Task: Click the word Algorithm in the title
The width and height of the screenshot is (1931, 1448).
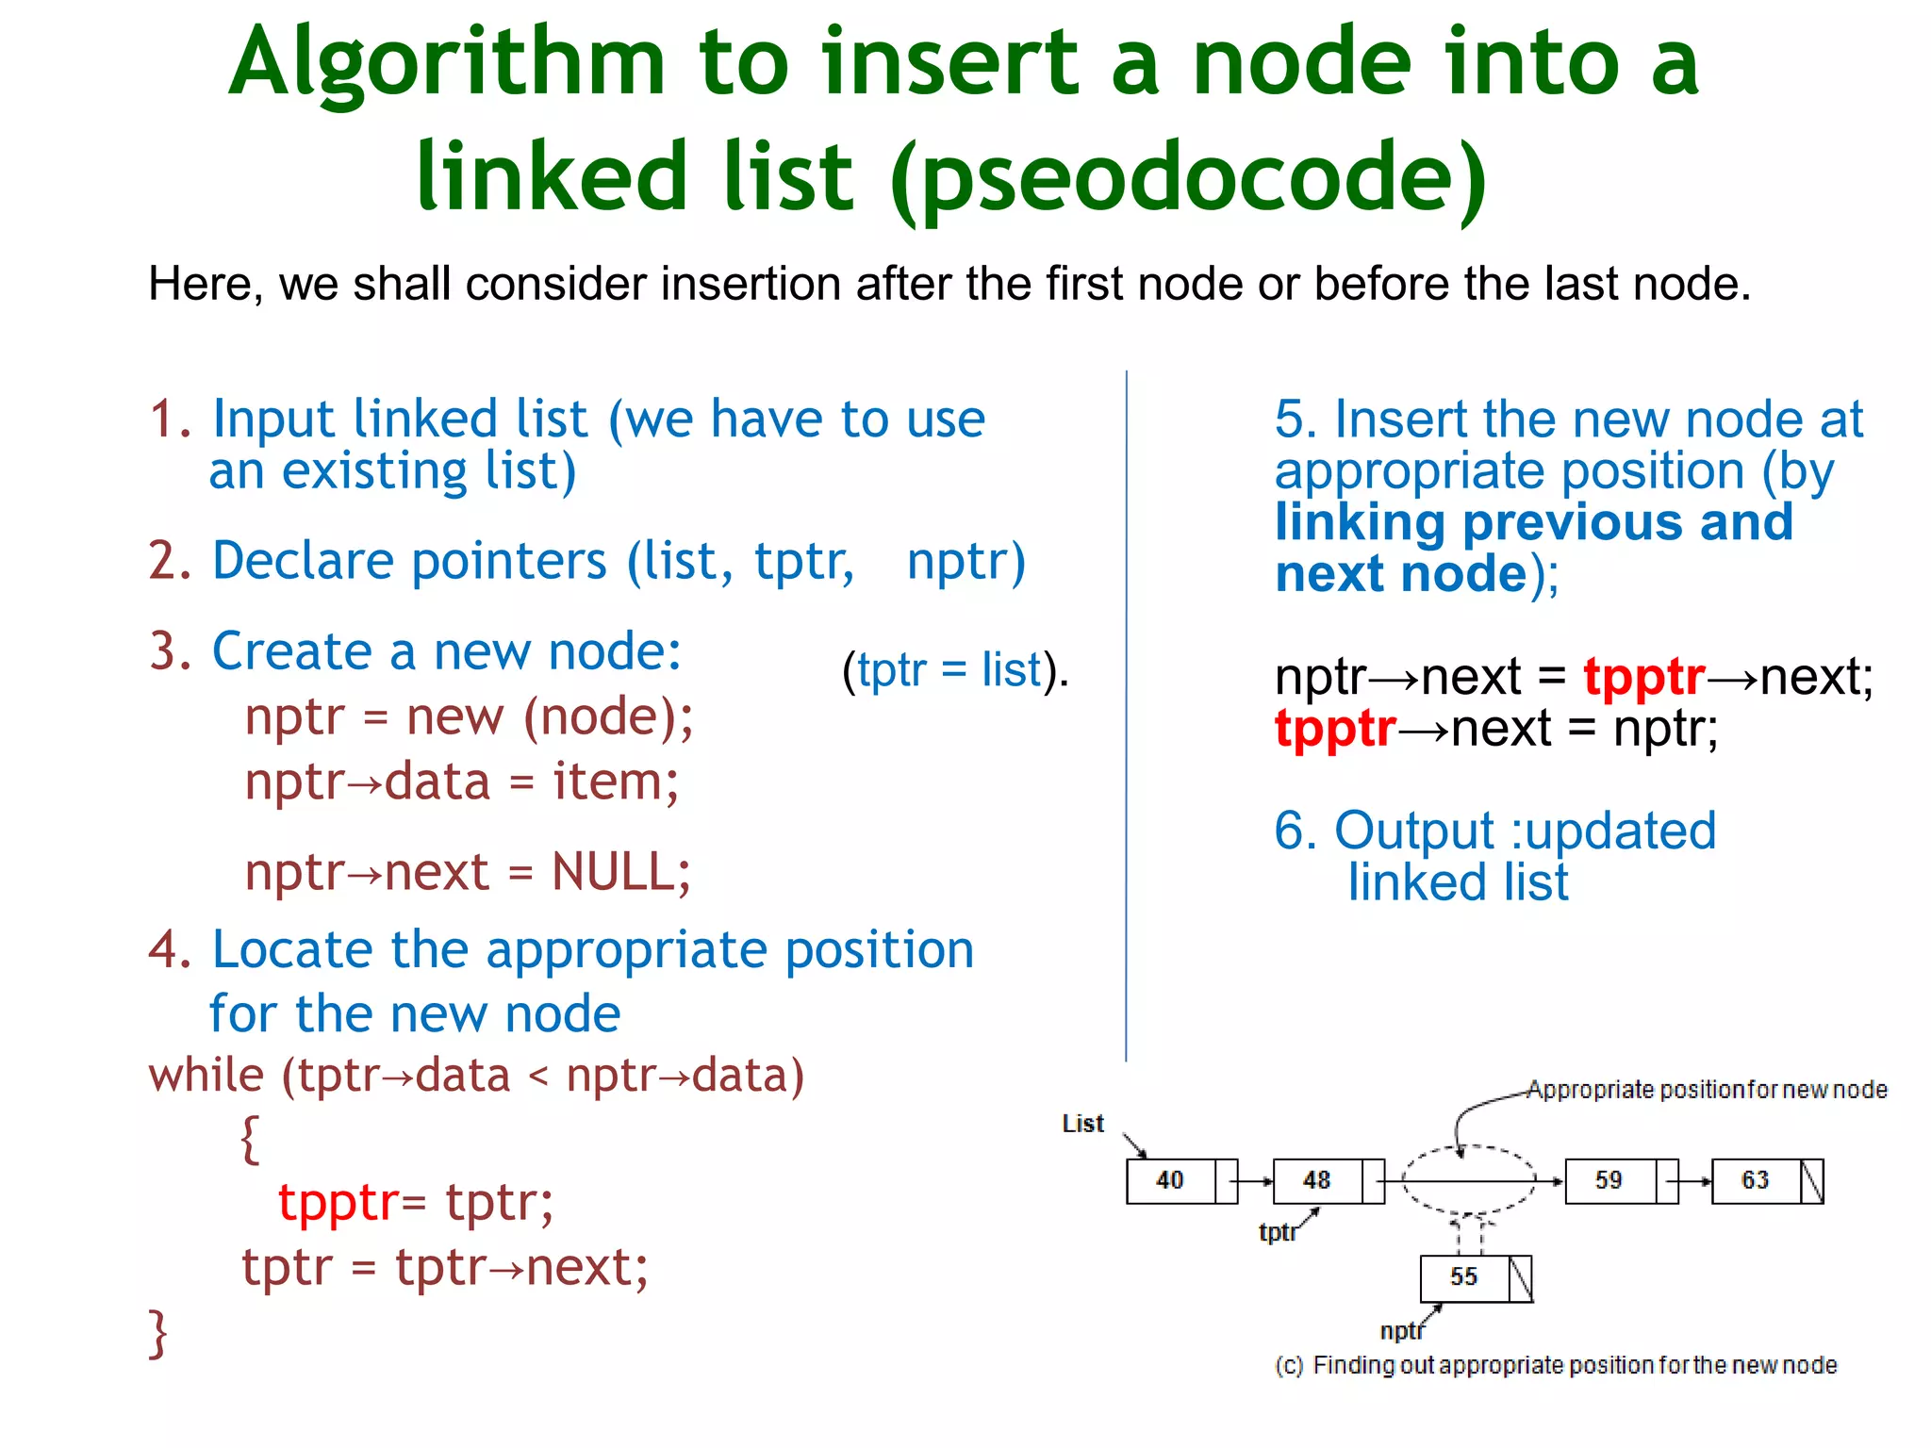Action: (x=447, y=66)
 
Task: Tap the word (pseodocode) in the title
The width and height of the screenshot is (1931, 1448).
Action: (x=1187, y=179)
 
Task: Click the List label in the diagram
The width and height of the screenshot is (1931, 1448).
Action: (x=1082, y=1124)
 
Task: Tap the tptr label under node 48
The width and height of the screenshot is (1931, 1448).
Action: (x=1277, y=1232)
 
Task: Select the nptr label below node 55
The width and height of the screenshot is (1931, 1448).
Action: (x=1401, y=1331)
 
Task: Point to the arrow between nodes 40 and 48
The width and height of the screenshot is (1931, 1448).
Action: (x=1255, y=1181)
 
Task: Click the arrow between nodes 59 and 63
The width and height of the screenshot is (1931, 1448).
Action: (x=1694, y=1181)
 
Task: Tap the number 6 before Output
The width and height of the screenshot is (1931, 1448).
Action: (x=1289, y=831)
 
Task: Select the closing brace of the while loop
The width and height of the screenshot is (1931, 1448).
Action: (x=158, y=1333)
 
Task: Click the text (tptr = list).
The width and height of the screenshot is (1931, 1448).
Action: (x=955, y=670)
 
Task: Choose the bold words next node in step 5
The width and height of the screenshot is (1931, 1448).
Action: (x=1401, y=573)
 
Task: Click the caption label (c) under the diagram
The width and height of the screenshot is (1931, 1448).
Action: (x=1289, y=1366)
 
